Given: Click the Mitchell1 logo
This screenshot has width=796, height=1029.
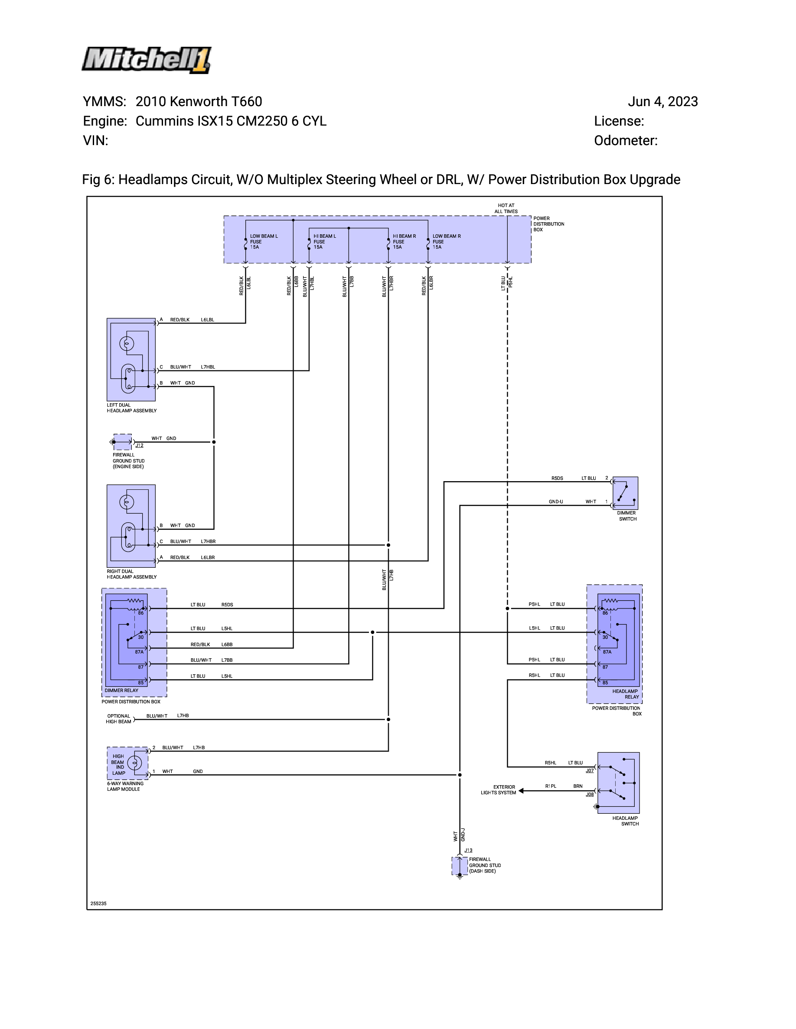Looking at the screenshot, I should click(147, 60).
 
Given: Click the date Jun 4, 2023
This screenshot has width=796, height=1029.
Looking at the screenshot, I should click(662, 102).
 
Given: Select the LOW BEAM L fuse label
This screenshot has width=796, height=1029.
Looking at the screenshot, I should click(263, 242).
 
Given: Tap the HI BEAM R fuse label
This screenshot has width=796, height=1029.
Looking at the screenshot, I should click(404, 242).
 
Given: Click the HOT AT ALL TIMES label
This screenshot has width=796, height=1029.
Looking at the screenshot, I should click(506, 208).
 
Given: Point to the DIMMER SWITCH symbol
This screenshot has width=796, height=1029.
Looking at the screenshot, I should click(625, 493).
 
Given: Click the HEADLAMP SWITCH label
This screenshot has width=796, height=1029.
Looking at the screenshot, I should click(625, 821).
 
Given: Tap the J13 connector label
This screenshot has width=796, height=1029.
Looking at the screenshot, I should click(468, 851).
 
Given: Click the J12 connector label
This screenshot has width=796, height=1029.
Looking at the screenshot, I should click(139, 445).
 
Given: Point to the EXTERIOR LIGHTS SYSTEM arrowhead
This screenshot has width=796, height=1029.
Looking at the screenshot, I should click(522, 791).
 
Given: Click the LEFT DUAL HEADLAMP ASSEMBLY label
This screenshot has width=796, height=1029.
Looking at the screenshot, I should click(131, 408).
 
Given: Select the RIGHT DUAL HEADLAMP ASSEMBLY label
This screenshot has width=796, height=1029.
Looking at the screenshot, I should click(131, 574).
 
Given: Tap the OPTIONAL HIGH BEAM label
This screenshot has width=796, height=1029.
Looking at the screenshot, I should click(118, 718).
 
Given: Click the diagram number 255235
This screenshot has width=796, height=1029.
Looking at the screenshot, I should click(98, 904).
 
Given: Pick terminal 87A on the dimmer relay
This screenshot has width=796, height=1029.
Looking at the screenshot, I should click(139, 652).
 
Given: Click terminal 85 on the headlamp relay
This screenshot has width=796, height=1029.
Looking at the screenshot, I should click(605, 683).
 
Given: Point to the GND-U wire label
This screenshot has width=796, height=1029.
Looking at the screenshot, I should click(556, 502).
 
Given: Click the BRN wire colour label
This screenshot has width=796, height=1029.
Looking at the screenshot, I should click(577, 786).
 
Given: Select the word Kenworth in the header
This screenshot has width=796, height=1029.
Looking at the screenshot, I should click(199, 102).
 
